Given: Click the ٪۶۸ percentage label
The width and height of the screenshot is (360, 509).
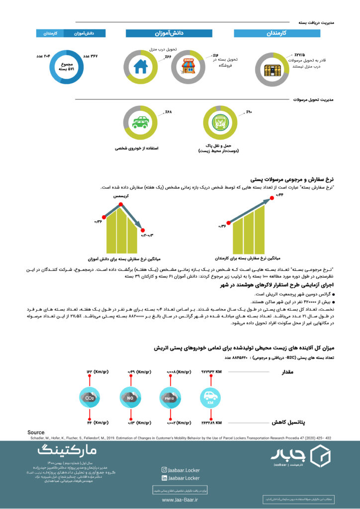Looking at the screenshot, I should point(168,112).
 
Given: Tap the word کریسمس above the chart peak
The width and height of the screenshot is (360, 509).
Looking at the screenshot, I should point(120,197).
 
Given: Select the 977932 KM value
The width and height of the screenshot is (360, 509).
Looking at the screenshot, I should point(211,371).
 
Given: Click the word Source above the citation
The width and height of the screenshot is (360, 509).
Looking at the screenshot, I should point(36,432).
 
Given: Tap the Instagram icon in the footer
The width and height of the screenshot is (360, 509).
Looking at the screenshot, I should point(164,469).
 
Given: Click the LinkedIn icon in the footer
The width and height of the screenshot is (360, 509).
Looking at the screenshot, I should point(164,478).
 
